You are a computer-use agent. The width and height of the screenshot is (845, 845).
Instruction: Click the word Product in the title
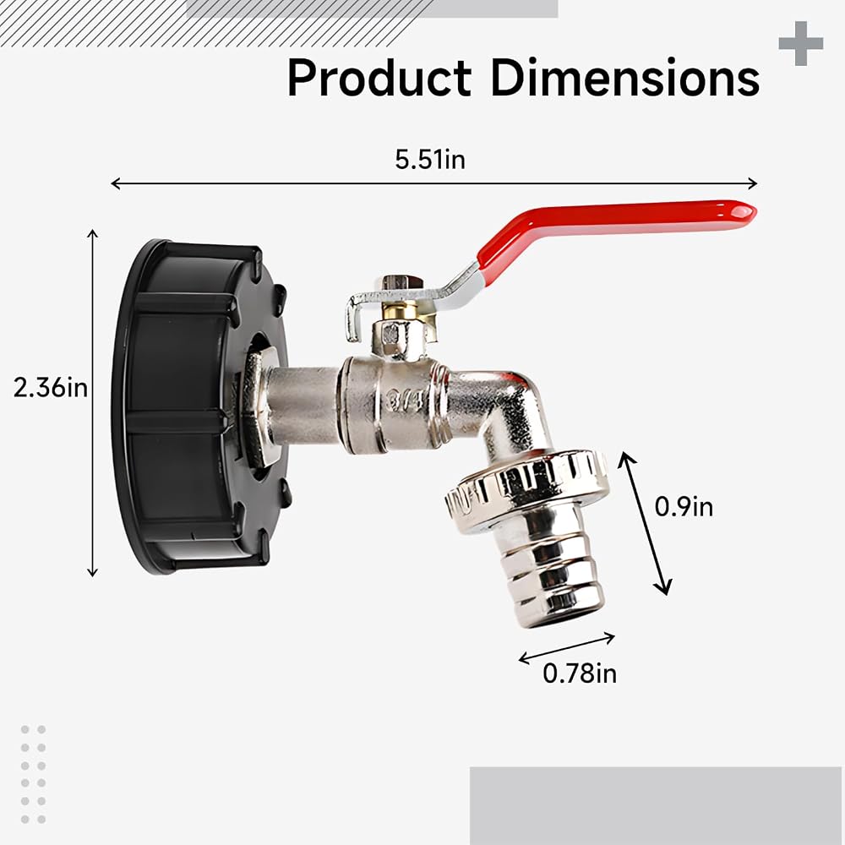379,78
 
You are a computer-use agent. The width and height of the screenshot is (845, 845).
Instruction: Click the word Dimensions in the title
625,78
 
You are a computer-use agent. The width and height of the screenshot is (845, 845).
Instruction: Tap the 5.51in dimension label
430,160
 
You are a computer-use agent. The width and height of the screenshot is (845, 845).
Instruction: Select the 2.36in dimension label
51,388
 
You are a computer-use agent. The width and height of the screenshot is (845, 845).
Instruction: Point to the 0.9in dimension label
684,506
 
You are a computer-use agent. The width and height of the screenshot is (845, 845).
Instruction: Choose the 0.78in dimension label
580,673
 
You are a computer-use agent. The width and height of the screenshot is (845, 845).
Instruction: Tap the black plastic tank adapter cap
199,407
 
